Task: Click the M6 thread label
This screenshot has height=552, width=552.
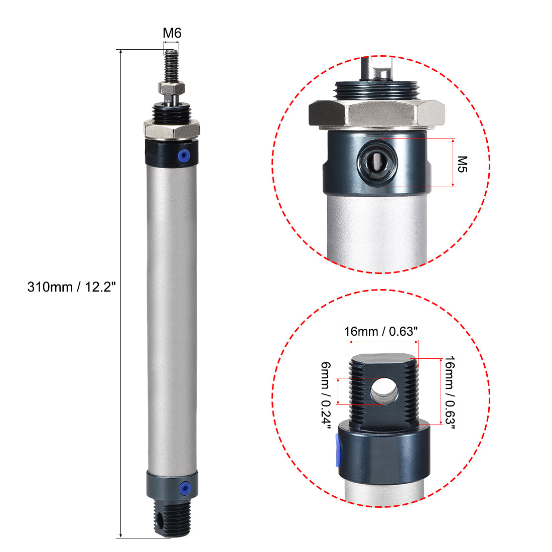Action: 172,34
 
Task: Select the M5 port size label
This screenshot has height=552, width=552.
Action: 463,164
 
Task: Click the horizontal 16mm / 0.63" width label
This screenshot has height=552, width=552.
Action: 381,332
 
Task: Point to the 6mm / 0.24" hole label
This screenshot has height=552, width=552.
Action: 326,396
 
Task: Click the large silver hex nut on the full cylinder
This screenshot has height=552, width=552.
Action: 172,130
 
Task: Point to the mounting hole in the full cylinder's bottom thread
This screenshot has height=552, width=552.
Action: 161,527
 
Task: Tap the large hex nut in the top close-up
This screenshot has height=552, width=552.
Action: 377,112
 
